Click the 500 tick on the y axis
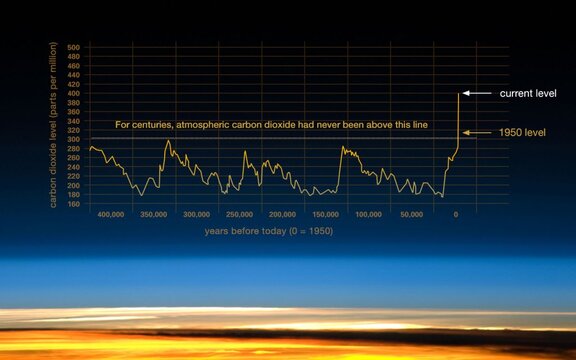(73, 47)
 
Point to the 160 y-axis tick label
(73, 204)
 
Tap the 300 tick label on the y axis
(73, 139)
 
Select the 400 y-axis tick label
(73, 93)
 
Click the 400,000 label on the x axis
(110, 215)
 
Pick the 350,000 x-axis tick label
(153, 215)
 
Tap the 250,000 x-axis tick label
(240, 215)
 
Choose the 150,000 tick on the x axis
(326, 215)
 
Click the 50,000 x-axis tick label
(412, 215)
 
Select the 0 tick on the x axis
(456, 215)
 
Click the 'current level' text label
(527, 93)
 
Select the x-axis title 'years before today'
(268, 232)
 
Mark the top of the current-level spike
(459, 94)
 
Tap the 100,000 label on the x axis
(369, 215)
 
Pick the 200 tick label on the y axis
(73, 185)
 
